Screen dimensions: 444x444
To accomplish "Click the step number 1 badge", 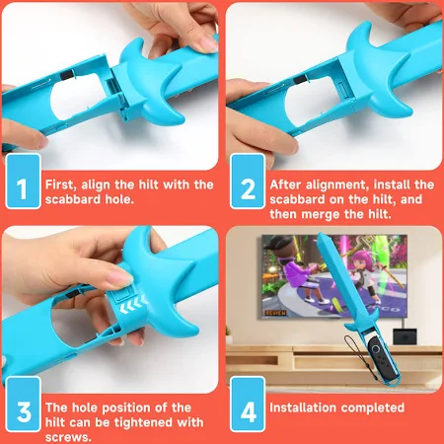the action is click(x=23, y=182).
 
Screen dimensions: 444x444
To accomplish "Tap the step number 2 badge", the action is click(x=248, y=182).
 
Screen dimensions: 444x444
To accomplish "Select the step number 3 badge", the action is click(x=23, y=405).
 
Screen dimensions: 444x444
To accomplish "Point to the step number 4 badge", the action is click(x=248, y=405).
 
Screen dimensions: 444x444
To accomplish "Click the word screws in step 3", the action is click(x=68, y=437).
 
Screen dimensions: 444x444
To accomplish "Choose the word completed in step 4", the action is click(x=374, y=408).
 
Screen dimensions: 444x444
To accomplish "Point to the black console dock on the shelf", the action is click(x=405, y=336).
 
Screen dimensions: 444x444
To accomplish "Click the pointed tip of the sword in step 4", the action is click(x=319, y=234).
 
